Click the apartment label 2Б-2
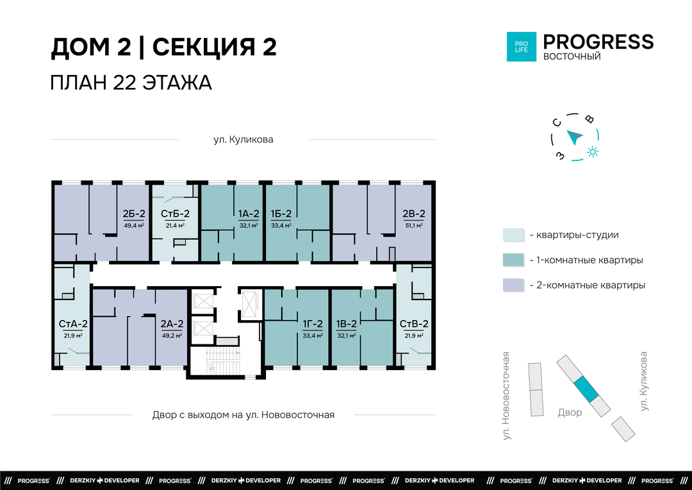click(x=134, y=214)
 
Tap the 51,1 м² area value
click(x=414, y=225)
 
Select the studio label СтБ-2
click(x=175, y=214)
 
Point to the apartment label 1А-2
click(x=249, y=214)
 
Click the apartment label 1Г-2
click(x=313, y=324)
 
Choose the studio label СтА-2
click(x=73, y=324)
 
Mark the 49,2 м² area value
click(x=172, y=336)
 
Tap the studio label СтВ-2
click(x=414, y=324)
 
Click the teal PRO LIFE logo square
click(x=521, y=46)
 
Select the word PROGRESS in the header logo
click(x=598, y=42)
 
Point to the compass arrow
click(x=575, y=137)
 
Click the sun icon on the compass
click(x=593, y=152)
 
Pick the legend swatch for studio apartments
click(x=513, y=235)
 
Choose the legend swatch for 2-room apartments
click(x=513, y=285)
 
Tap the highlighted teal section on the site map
click(x=586, y=389)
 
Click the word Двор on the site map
click(x=570, y=412)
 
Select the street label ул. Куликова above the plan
click(x=243, y=140)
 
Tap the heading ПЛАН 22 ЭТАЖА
click(x=131, y=83)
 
